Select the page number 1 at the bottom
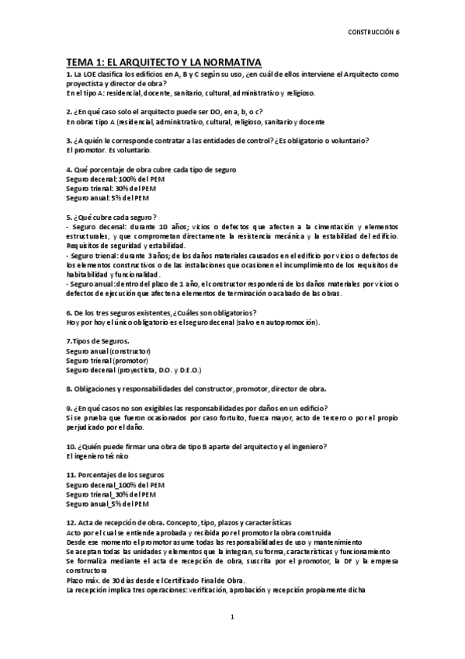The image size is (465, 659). pyautogui.click(x=232, y=617)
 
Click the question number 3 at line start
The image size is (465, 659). pyautogui.click(x=68, y=140)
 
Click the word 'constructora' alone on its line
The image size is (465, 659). pyautogui.click(x=88, y=570)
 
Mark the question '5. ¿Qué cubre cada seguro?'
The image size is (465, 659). pyautogui.click(x=113, y=216)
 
